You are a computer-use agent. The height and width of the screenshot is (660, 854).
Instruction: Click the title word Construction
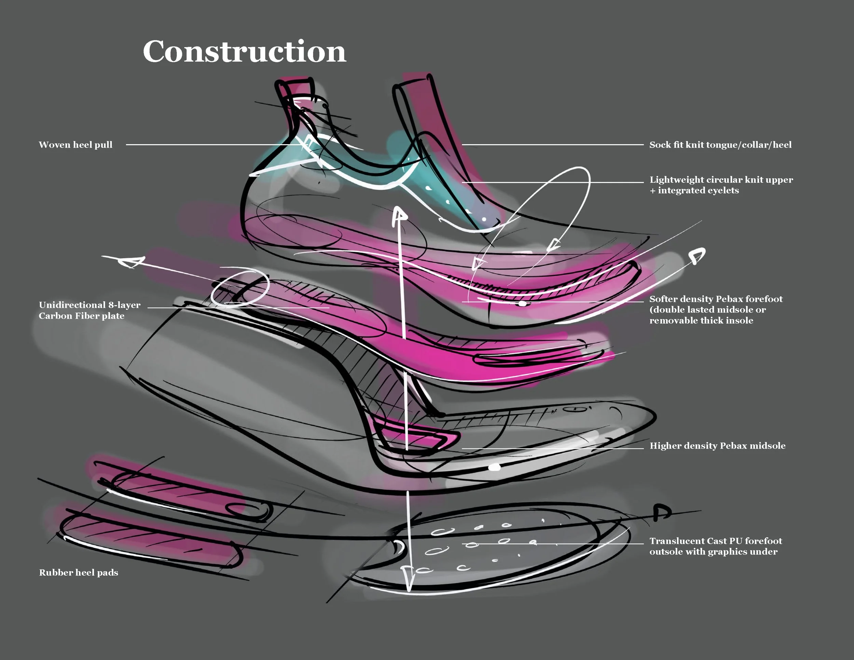click(x=244, y=52)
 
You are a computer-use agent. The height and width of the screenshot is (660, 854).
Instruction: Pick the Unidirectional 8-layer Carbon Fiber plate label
click(x=89, y=311)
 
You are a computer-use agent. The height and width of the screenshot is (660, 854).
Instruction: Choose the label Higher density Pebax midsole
click(x=717, y=446)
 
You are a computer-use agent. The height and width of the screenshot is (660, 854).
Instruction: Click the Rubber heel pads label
click(x=78, y=573)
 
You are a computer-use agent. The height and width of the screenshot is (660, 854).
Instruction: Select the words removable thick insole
click(x=701, y=321)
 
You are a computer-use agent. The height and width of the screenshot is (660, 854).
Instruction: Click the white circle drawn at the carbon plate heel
click(x=240, y=288)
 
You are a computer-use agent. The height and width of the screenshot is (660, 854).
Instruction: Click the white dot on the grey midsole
click(x=495, y=467)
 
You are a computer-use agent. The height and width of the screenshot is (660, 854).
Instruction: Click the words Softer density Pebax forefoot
click(x=716, y=300)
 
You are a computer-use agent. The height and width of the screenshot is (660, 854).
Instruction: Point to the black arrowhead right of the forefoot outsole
click(x=662, y=512)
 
